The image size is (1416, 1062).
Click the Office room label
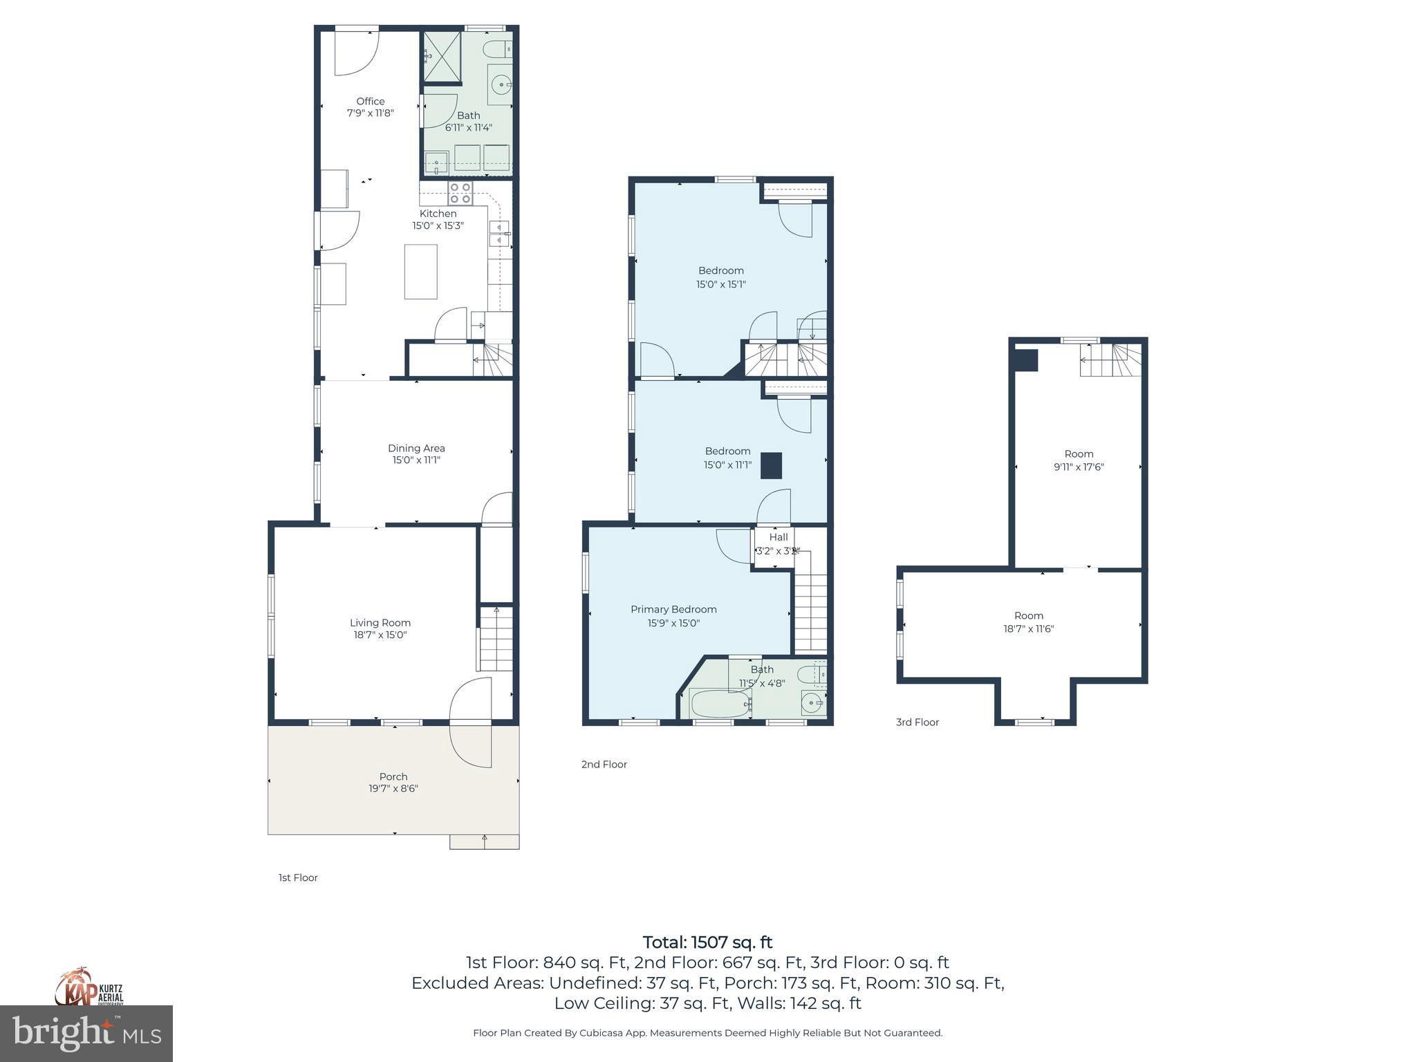point(370,102)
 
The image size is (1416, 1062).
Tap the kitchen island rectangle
point(420,271)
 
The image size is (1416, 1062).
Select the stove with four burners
point(460,193)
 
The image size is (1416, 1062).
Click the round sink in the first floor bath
point(501,85)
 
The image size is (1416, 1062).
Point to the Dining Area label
point(416,448)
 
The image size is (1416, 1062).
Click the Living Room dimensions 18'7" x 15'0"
point(380,635)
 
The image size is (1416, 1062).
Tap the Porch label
point(393,776)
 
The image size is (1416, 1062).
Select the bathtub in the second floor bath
point(720,704)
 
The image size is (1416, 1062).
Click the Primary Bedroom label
point(673,609)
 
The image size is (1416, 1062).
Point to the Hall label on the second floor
point(778,537)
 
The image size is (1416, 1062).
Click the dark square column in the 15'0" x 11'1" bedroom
point(771,465)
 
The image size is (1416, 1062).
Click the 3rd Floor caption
point(917,722)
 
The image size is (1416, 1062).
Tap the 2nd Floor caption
point(604,764)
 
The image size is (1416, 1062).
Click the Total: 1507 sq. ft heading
point(707,942)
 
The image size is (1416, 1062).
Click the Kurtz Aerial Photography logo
point(88,987)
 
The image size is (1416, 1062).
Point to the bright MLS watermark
point(86,1033)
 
